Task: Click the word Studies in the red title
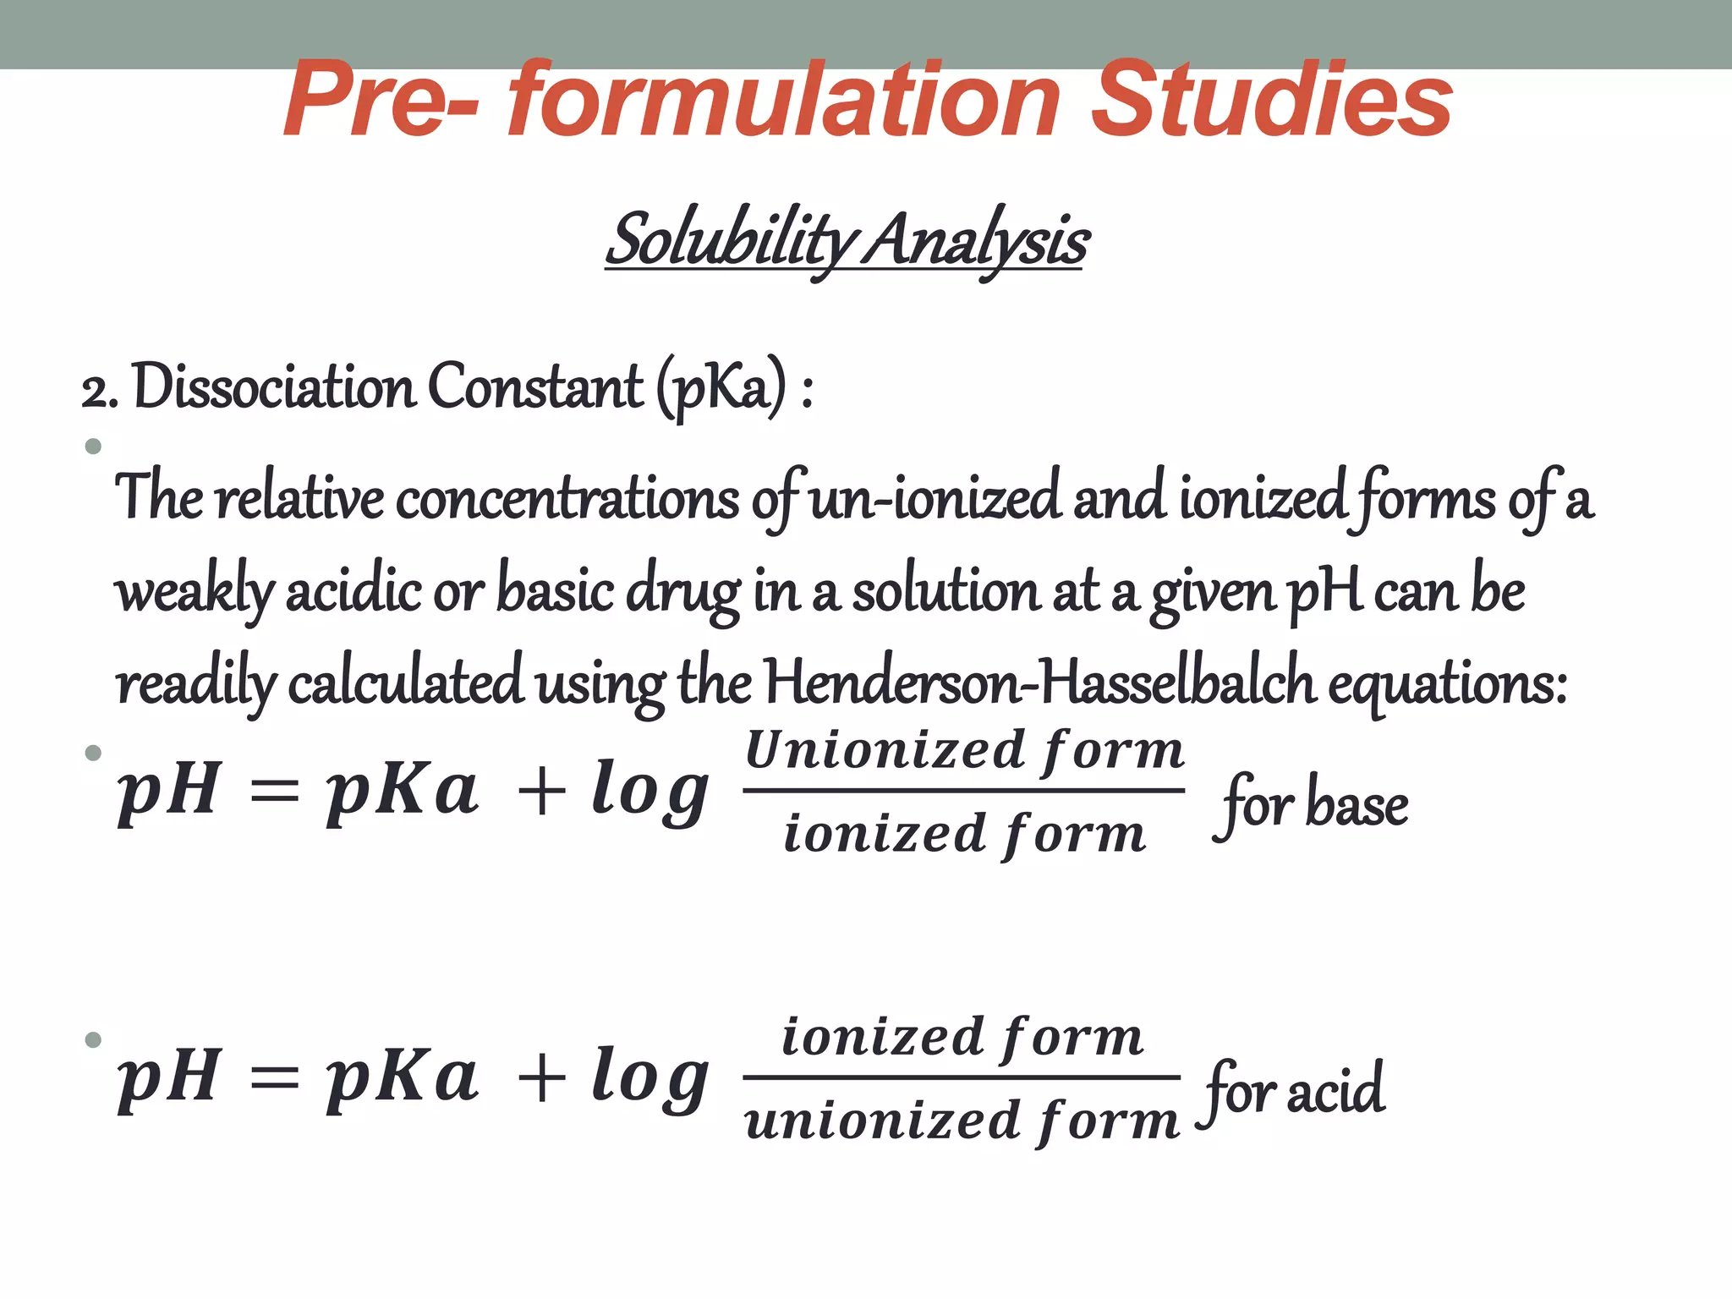1271,101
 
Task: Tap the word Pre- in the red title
381,101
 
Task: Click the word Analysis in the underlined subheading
978,241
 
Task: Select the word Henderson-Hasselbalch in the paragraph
1039,683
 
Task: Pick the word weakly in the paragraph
195,592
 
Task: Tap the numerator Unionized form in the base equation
964,750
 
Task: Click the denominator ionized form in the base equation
964,834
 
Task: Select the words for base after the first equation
1313,804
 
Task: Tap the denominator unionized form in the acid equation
962,1121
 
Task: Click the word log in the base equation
649,791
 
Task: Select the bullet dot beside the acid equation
93,1039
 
